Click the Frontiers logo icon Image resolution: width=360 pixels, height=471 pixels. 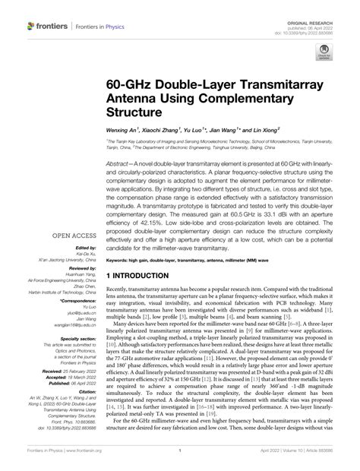33,26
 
